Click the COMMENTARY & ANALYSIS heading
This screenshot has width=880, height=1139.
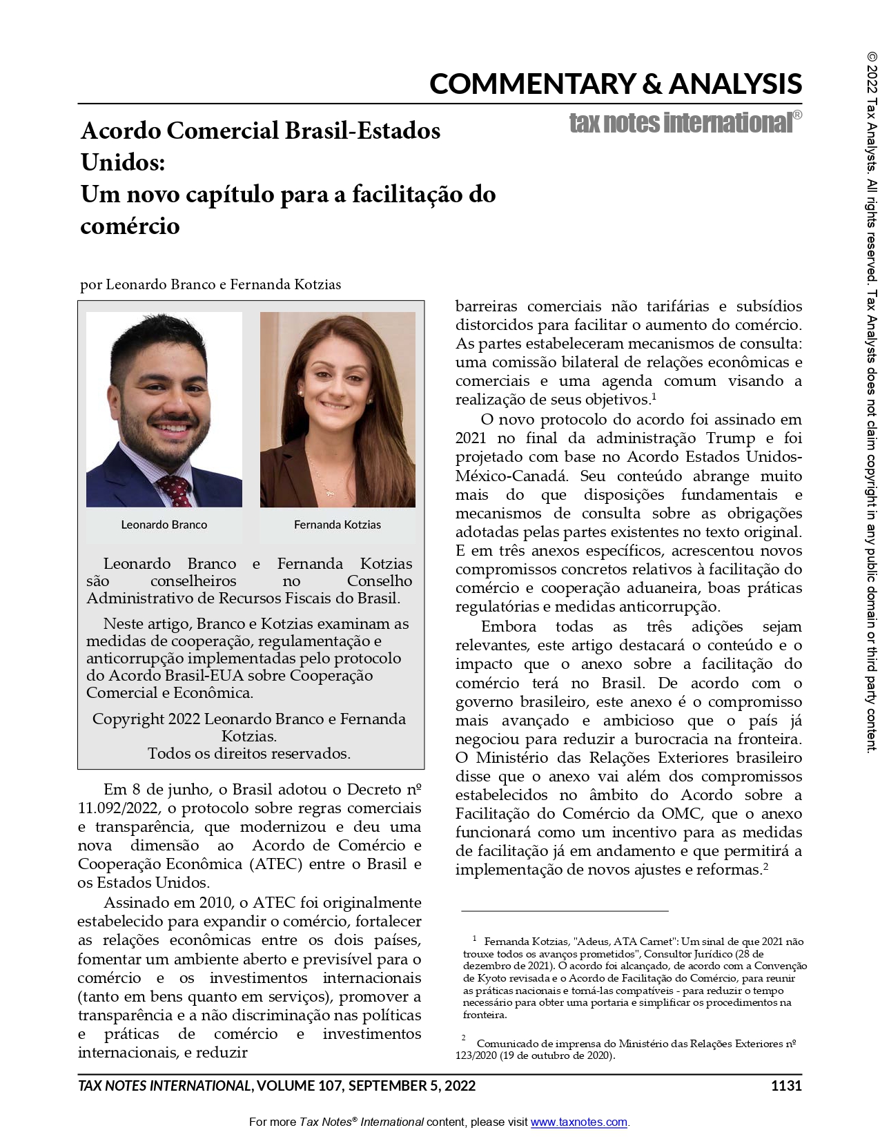pyautogui.click(x=615, y=84)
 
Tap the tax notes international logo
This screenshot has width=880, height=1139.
pyautogui.click(x=685, y=122)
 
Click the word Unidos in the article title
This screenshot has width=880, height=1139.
pyautogui.click(x=121, y=162)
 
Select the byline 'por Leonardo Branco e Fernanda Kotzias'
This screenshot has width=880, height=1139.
pyautogui.click(x=211, y=284)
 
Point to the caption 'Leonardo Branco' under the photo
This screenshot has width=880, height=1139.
pyautogui.click(x=164, y=525)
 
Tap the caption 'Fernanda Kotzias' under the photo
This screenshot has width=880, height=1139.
pyautogui.click(x=337, y=525)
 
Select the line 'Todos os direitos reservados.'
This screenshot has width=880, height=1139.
pyautogui.click(x=249, y=753)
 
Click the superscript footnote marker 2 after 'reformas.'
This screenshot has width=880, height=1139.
pyautogui.click(x=766, y=866)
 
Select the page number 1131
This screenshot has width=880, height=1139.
pyautogui.click(x=786, y=1086)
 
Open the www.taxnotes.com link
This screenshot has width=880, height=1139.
pyautogui.click(x=578, y=1122)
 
